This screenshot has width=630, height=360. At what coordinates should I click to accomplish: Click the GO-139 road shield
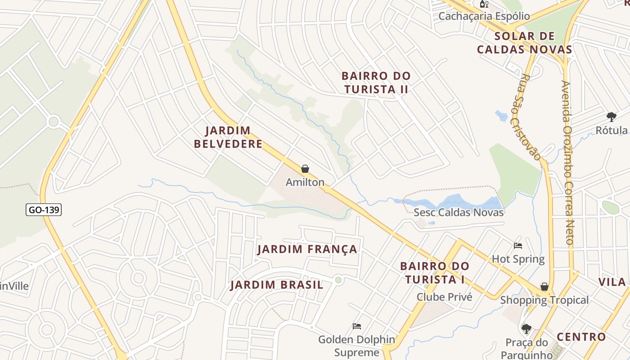pyautogui.click(x=44, y=210)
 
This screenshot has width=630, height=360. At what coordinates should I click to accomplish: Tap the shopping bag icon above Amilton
pyautogui.click(x=305, y=169)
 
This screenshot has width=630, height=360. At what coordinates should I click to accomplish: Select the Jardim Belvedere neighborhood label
pyautogui.click(x=234, y=137)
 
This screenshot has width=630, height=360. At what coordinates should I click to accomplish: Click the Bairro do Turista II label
pyautogui.click(x=376, y=82)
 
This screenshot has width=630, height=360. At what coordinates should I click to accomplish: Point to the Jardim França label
pyautogui.click(x=307, y=249)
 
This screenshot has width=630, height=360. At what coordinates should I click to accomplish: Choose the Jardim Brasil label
pyautogui.click(x=277, y=285)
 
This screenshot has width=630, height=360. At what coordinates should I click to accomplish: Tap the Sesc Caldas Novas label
pyautogui.click(x=459, y=212)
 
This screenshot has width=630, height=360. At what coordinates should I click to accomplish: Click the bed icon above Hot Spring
pyautogui.click(x=518, y=246)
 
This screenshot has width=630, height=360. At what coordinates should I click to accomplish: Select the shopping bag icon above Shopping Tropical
pyautogui.click(x=544, y=287)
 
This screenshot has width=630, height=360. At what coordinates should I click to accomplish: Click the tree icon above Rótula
pyautogui.click(x=611, y=117)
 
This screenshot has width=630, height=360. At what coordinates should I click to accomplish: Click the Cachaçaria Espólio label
pyautogui.click(x=484, y=16)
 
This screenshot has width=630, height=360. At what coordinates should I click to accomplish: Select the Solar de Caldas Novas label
pyautogui.click(x=524, y=43)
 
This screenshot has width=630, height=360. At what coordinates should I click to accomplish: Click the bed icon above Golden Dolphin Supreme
pyautogui.click(x=357, y=326)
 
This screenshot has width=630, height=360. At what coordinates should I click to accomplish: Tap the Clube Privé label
pyautogui.click(x=444, y=297)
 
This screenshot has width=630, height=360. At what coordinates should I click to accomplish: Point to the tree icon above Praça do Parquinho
pyautogui.click(x=526, y=328)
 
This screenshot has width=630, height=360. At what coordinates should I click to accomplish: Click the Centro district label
pyautogui.click(x=581, y=337)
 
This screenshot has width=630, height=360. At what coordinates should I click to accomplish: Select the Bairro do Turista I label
pyautogui.click(x=435, y=273)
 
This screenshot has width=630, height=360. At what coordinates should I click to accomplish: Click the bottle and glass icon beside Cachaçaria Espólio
pyautogui.click(x=484, y=4)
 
